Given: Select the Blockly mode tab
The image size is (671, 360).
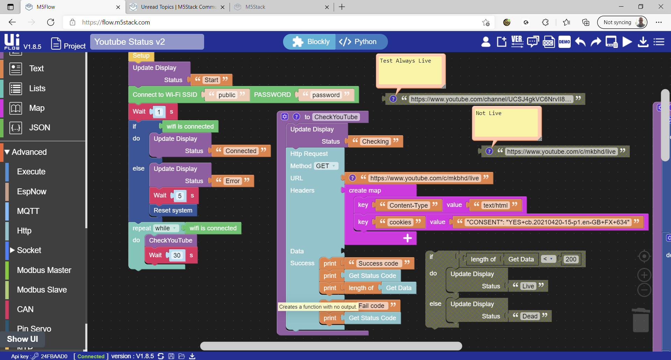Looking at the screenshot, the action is pyautogui.click(x=310, y=42).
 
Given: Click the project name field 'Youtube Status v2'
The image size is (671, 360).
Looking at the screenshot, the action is pyautogui.click(x=147, y=42).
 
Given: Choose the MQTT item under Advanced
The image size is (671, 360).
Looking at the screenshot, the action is pyautogui.click(x=28, y=211).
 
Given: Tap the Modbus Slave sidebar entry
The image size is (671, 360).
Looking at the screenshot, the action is pyautogui.click(x=42, y=290).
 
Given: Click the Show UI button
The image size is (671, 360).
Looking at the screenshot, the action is pyautogui.click(x=22, y=339).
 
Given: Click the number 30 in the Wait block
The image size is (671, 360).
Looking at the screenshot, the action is pyautogui.click(x=177, y=255).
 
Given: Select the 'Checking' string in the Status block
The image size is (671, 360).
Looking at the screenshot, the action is pyautogui.click(x=375, y=142).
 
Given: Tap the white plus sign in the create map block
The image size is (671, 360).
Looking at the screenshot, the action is pyautogui.click(x=407, y=238).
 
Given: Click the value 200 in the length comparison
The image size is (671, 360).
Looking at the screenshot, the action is pyautogui.click(x=571, y=259).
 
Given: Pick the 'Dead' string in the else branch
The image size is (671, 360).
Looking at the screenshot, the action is pyautogui.click(x=530, y=316).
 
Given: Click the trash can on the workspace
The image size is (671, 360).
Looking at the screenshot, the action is pyautogui.click(x=641, y=320).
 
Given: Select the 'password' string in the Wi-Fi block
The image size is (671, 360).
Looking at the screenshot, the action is pyautogui.click(x=326, y=95).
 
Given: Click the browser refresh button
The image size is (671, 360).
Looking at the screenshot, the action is pyautogui.click(x=51, y=22).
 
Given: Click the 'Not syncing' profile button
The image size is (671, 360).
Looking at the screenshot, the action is pyautogui.click(x=622, y=22).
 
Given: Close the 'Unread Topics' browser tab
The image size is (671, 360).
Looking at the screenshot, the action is pyautogui.click(x=223, y=7).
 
